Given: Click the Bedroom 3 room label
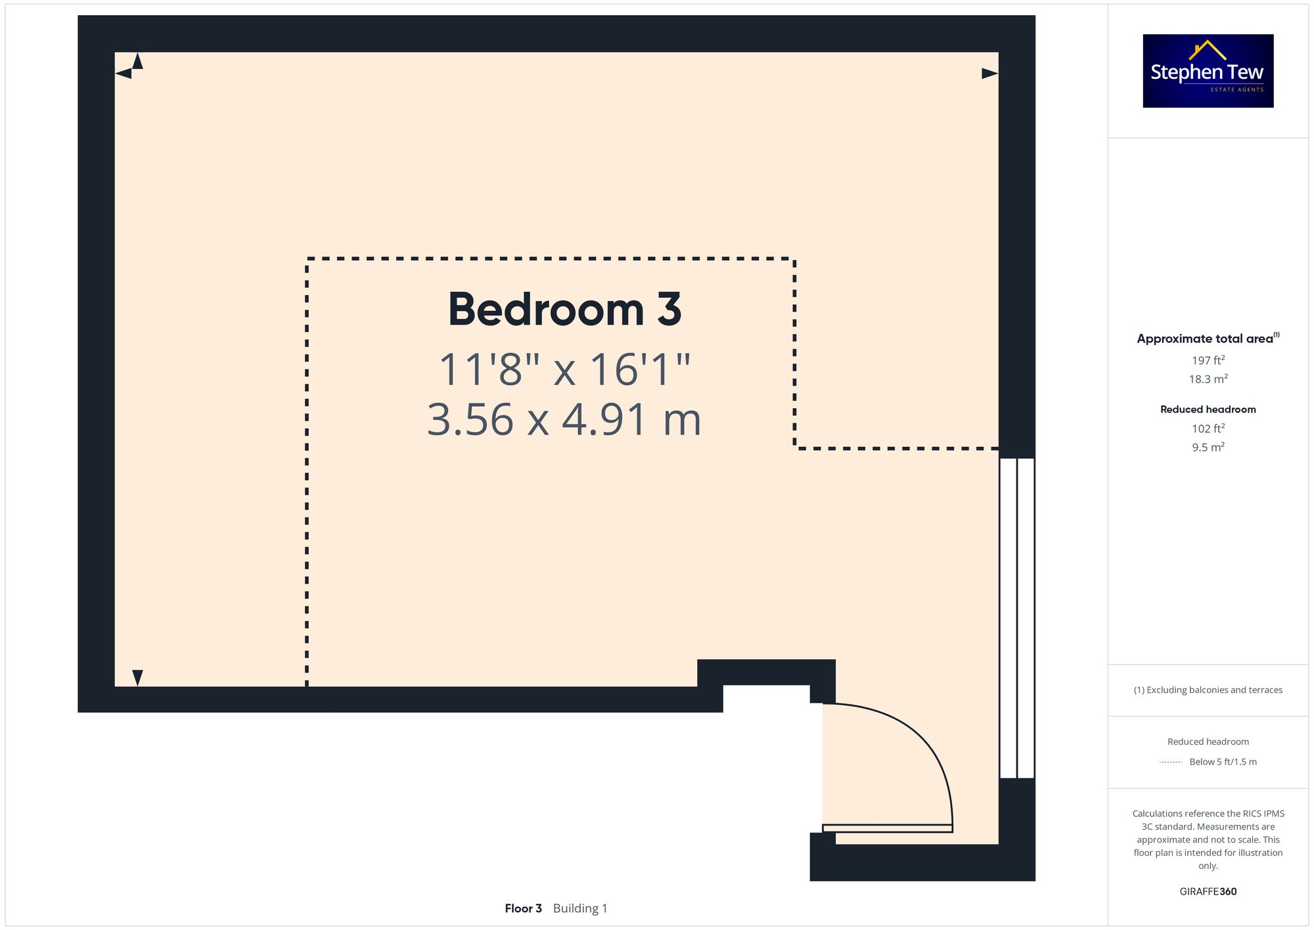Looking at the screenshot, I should [x=564, y=310].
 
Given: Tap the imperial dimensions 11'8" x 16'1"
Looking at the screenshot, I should [x=564, y=369].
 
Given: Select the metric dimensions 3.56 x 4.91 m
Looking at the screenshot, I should [x=564, y=420].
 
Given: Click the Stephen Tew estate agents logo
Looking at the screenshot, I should [x=1208, y=71].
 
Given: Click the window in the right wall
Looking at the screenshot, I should [x=1016, y=618].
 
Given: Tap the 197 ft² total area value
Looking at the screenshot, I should [x=1208, y=360].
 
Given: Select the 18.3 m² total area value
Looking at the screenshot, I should [x=1208, y=379].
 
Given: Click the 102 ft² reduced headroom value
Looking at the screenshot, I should [x=1208, y=429].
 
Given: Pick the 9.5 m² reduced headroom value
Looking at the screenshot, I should [x=1208, y=447].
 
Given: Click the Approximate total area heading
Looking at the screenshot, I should [x=1205, y=338].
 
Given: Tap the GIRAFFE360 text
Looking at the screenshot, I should [x=1208, y=891].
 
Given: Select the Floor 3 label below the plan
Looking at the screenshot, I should [x=523, y=908].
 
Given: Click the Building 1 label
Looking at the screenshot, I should [x=580, y=908].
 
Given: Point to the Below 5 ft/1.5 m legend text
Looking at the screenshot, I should [x=1223, y=762].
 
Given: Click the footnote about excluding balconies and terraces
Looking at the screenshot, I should [x=1208, y=690].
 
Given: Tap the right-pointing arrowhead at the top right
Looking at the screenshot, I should [x=989, y=74].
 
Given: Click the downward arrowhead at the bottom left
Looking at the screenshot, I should [x=137, y=678].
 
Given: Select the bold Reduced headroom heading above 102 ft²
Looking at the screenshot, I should [x=1208, y=409].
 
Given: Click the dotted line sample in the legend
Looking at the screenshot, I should [x=1171, y=762].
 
